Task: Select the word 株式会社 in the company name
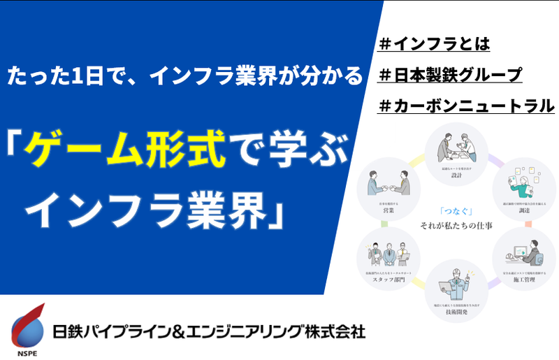click(334, 330)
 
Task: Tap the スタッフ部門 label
click(386, 279)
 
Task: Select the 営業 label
click(387, 208)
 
